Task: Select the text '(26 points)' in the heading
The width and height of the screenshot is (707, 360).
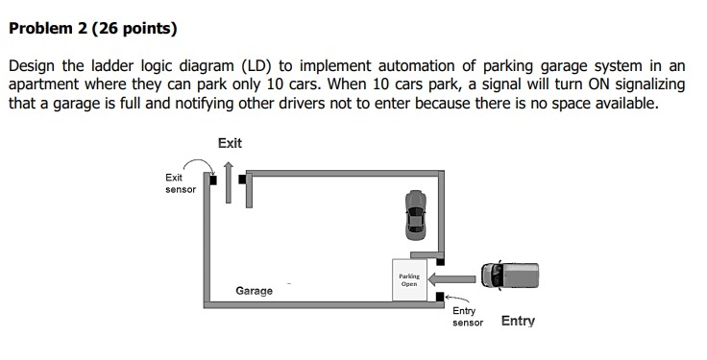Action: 132,29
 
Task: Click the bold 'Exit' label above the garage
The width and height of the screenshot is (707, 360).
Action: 231,143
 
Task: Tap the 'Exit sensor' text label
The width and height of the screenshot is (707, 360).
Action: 180,183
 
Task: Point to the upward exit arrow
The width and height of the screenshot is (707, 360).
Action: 229,180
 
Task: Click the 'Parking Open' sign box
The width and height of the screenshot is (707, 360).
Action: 409,279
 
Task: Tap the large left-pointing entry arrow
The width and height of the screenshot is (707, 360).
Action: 452,278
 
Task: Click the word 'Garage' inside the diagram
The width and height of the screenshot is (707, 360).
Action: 255,291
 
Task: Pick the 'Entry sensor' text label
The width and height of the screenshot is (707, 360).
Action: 468,317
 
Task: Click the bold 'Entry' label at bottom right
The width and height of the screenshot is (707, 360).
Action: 518,321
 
